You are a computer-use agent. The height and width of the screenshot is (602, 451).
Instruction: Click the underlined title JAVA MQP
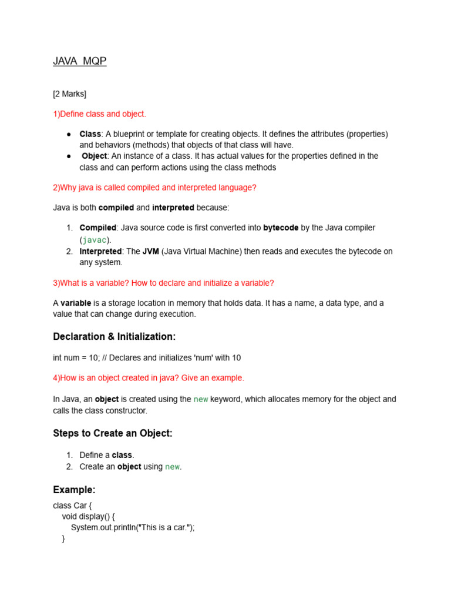[80, 61]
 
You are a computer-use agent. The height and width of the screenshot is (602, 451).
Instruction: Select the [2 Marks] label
[70, 93]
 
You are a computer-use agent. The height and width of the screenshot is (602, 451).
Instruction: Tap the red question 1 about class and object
[99, 113]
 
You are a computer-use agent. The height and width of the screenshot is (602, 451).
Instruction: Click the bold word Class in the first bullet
[90, 134]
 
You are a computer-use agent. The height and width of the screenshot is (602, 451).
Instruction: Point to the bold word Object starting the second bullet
[95, 156]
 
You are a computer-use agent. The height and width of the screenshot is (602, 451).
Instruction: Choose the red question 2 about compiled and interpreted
[154, 188]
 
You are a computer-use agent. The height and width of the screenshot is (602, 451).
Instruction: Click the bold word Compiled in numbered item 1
[98, 228]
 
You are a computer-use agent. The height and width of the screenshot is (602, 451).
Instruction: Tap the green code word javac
[95, 240]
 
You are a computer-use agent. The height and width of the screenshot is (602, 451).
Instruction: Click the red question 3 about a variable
[163, 283]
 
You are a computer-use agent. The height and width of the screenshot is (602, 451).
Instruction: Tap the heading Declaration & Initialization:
[115, 336]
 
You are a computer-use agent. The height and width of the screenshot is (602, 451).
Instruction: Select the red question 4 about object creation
[149, 377]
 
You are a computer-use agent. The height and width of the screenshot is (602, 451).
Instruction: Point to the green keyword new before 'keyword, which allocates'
[201, 399]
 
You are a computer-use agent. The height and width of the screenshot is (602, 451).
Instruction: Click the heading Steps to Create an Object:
[113, 433]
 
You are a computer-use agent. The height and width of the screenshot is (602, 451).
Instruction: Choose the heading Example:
[74, 490]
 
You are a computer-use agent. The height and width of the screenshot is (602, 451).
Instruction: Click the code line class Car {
[73, 505]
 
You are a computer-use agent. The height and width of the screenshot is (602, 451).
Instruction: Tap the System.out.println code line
[133, 527]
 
